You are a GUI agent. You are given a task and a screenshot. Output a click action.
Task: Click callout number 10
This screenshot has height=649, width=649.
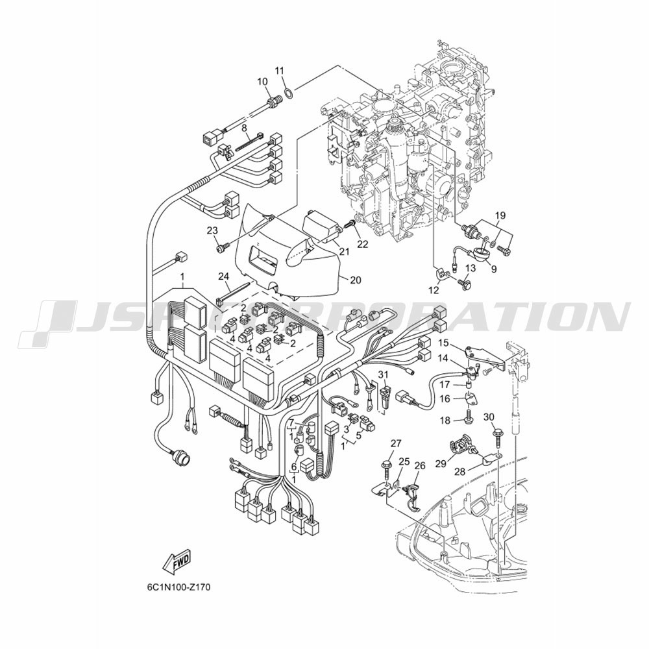262,82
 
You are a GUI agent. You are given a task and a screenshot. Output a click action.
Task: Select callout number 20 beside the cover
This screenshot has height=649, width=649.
355,280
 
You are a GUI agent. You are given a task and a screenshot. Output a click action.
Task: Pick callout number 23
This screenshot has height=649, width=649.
212,230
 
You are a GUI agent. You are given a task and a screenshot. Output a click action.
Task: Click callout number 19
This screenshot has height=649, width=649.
500,215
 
